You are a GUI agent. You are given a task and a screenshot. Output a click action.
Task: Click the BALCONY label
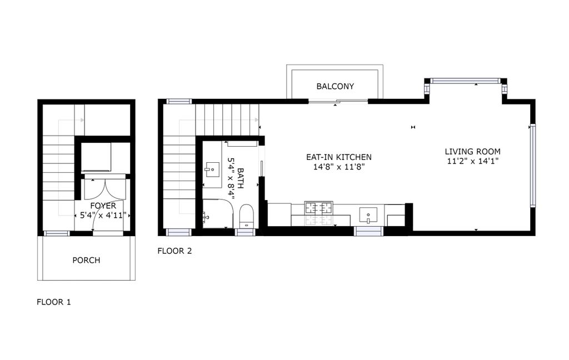(x=335, y=86)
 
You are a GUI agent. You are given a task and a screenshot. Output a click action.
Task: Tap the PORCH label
(x=87, y=260)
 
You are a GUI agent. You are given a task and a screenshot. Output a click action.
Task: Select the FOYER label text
(x=103, y=206)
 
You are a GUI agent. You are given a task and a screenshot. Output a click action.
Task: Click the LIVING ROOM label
(x=473, y=151)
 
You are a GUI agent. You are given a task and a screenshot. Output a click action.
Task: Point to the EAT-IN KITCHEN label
(x=339, y=157)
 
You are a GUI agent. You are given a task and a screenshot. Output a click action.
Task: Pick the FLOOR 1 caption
(x=53, y=302)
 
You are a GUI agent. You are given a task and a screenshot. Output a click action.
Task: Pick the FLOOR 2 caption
(x=174, y=251)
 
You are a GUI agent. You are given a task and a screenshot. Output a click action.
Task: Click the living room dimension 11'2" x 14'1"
(x=473, y=162)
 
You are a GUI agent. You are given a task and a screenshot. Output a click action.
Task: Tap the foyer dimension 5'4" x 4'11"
(x=103, y=215)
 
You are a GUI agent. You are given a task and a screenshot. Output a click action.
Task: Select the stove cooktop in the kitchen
(x=319, y=209)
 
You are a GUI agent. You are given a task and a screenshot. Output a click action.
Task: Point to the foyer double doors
(x=103, y=190)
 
